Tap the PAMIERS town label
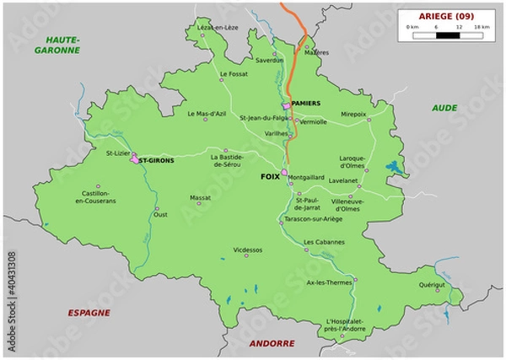[x=305, y=103]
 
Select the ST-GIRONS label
[x=156, y=160]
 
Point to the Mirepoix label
[x=353, y=113]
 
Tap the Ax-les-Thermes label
[x=329, y=282]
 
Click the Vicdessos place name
[x=247, y=250]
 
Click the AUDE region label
[x=444, y=108]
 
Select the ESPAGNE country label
[x=89, y=312]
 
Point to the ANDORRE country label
[x=272, y=343]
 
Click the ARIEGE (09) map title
[x=446, y=16]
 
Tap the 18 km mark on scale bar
[x=482, y=28]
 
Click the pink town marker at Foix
[x=284, y=174]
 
